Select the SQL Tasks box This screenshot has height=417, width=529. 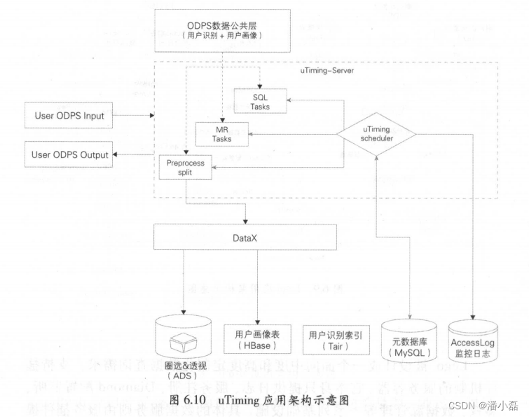click(x=261, y=101)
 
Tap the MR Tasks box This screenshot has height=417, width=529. click(x=222, y=133)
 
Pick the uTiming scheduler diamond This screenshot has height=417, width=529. click(x=377, y=134)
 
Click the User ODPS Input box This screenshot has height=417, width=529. click(x=69, y=115)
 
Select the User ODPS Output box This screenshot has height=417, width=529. click(x=69, y=154)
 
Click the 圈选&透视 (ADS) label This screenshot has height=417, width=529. click(x=184, y=371)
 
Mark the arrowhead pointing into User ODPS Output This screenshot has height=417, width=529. click(x=116, y=154)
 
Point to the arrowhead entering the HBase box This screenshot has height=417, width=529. click(x=258, y=319)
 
